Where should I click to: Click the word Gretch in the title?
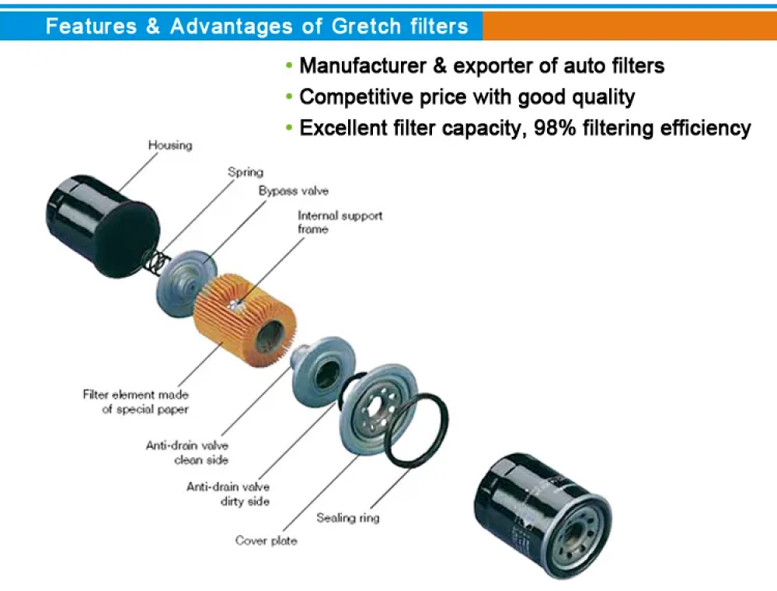click(x=366, y=26)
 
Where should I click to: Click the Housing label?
click(x=170, y=145)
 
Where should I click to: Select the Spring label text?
click(x=246, y=173)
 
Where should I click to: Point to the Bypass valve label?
click(x=294, y=191)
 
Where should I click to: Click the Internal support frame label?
click(x=340, y=222)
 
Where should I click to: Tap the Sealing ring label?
click(x=348, y=518)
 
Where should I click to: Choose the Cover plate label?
click(x=266, y=540)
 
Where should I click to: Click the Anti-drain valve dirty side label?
click(x=228, y=494)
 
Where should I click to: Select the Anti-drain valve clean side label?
click(x=186, y=453)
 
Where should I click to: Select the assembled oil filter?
click(x=542, y=516)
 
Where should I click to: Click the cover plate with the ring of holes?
click(x=379, y=410)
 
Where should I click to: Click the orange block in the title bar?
click(x=629, y=26)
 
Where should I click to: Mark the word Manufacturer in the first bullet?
click(x=363, y=66)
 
